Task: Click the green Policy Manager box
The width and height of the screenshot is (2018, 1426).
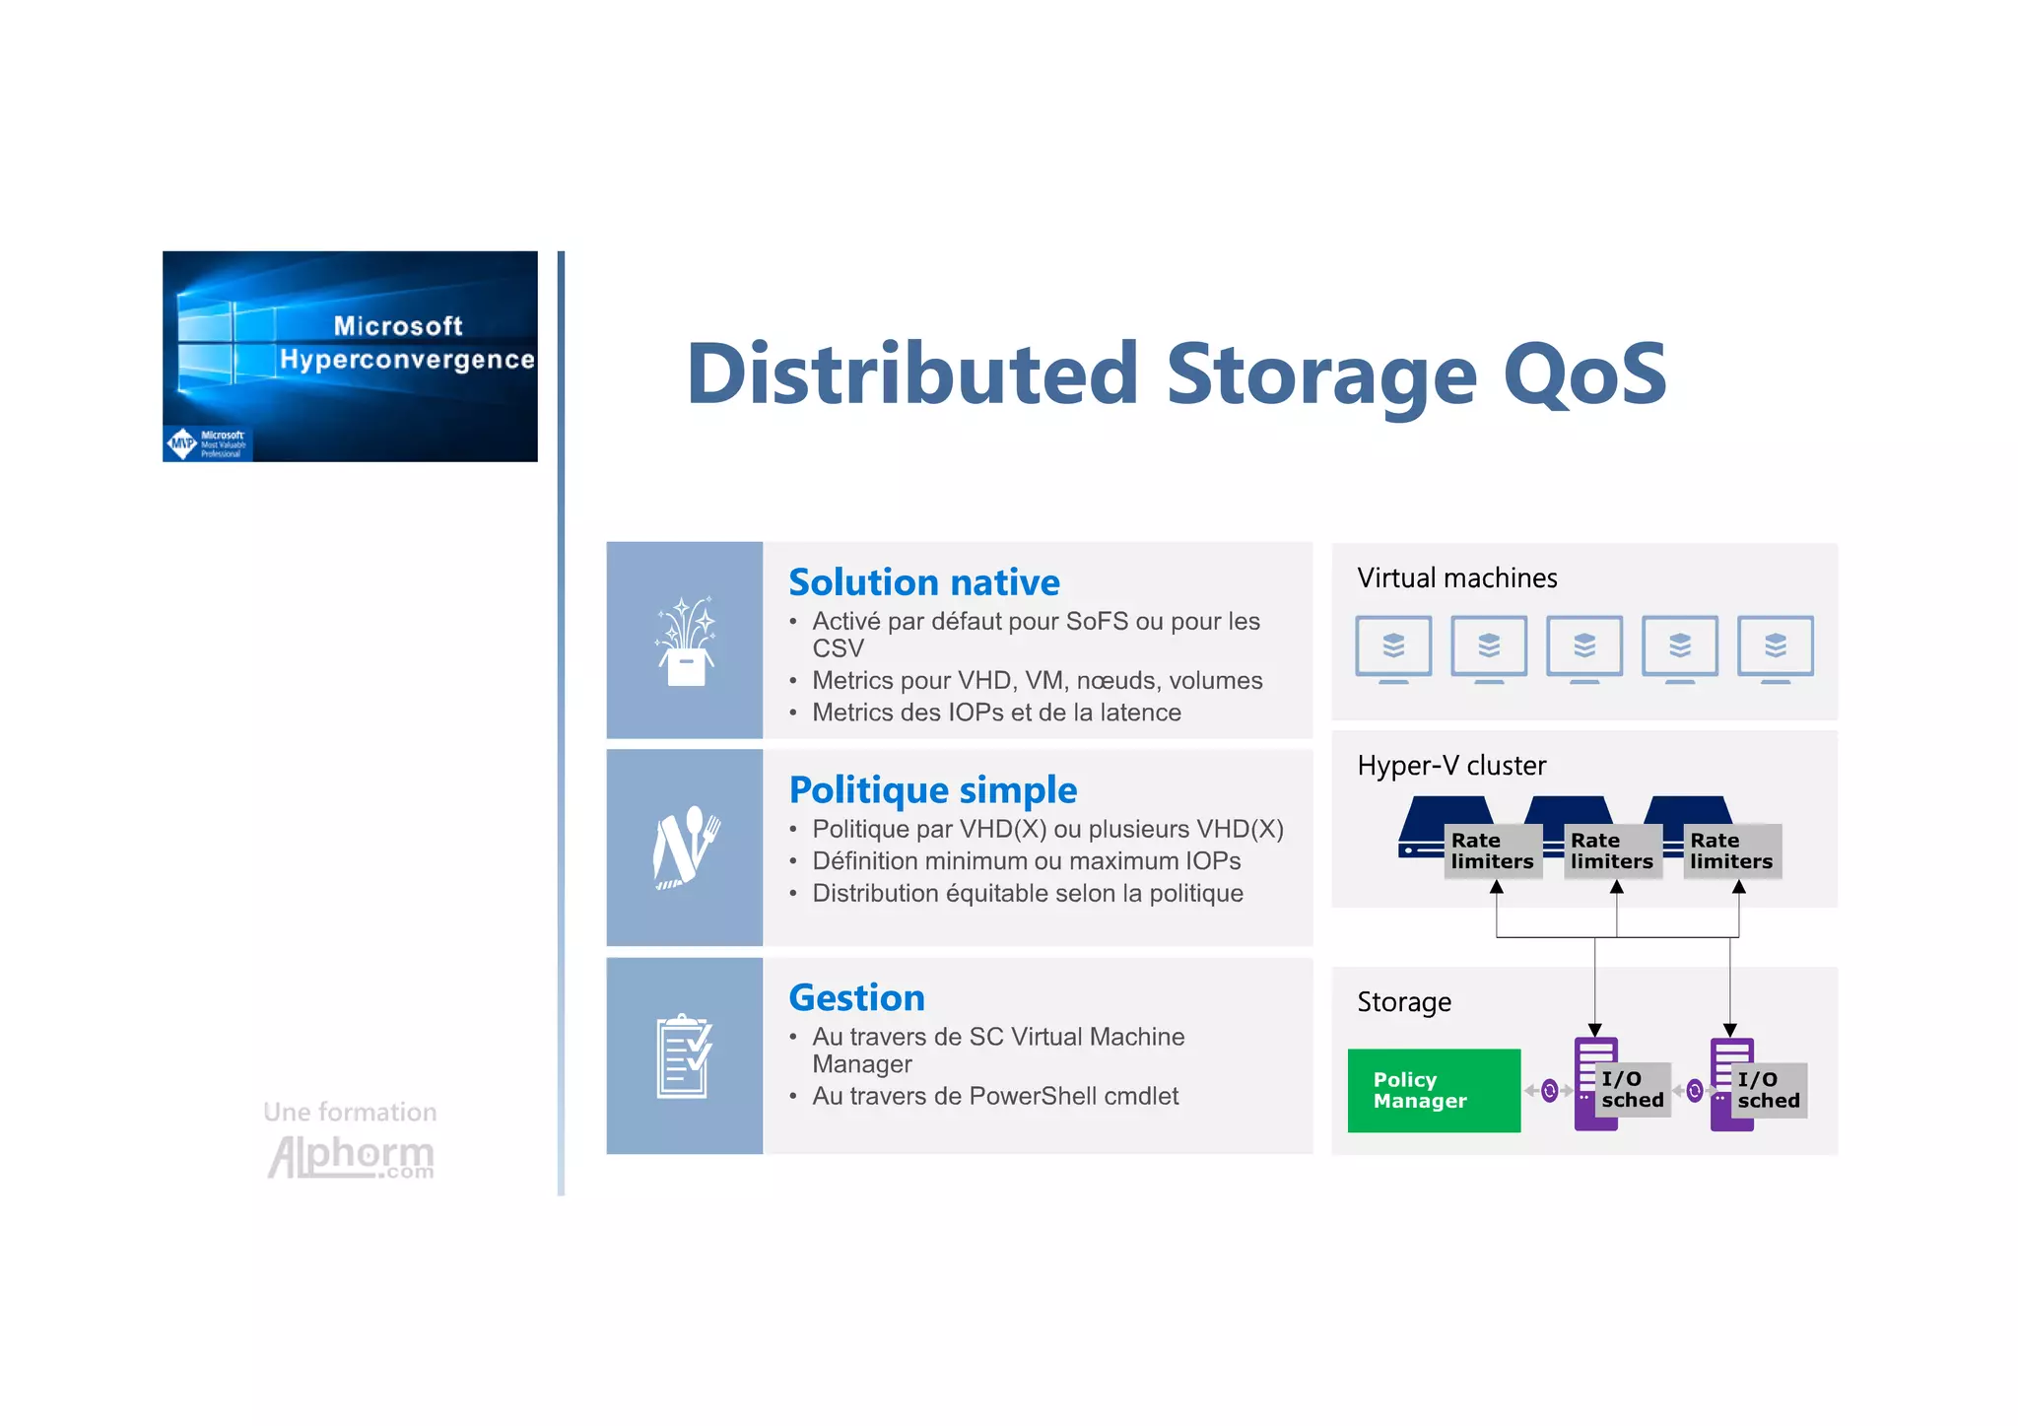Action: (1433, 1090)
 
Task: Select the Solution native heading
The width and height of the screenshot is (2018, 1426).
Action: (923, 582)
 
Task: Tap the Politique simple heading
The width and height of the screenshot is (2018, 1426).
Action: (932, 790)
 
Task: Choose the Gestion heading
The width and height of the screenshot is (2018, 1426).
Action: (856, 998)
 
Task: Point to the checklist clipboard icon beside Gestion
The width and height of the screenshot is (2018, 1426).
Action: (684, 1055)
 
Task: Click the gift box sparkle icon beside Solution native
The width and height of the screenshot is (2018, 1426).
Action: (685, 642)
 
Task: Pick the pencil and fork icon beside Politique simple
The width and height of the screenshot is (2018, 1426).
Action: (685, 849)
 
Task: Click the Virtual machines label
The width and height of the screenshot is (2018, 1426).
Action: (1456, 578)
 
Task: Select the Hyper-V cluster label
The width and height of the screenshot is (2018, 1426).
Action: (1450, 766)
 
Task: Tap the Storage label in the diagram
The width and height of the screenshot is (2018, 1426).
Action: (1403, 1002)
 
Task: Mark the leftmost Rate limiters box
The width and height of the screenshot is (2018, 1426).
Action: (1492, 850)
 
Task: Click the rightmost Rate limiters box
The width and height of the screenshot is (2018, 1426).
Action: (1731, 850)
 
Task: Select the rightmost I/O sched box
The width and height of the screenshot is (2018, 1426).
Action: (1768, 1090)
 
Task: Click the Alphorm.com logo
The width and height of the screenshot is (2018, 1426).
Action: (351, 1155)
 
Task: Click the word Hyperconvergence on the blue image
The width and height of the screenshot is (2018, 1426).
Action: (406, 360)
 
